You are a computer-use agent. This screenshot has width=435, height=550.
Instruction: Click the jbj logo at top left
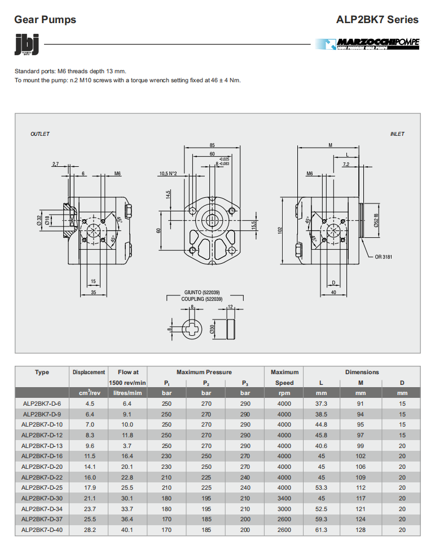(x=27, y=45)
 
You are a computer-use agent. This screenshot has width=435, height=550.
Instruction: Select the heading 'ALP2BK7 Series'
(x=377, y=20)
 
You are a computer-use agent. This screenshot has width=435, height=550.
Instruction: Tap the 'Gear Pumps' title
(x=45, y=20)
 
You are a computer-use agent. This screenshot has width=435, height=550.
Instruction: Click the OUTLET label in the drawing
(x=40, y=134)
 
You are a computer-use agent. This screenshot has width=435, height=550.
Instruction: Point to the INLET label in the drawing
(x=397, y=134)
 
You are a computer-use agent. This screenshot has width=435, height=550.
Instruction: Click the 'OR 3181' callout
(x=384, y=257)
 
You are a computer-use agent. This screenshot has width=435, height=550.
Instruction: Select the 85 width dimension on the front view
(x=212, y=145)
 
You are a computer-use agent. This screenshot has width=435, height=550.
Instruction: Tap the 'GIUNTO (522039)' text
(x=202, y=292)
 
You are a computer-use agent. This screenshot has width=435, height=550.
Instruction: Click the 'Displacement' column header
(x=89, y=372)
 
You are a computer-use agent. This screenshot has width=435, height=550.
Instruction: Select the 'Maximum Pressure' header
(x=204, y=372)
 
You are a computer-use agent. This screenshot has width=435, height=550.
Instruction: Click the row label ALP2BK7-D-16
(x=42, y=456)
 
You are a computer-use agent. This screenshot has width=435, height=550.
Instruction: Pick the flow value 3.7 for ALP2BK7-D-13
(x=128, y=446)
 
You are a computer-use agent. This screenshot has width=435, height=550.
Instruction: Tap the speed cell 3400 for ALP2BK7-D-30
(x=284, y=498)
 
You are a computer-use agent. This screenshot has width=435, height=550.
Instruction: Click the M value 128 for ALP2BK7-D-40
(x=361, y=530)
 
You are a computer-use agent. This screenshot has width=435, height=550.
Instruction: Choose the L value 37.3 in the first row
(x=321, y=403)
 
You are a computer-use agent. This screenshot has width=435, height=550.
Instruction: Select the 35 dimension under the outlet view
(x=94, y=292)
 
